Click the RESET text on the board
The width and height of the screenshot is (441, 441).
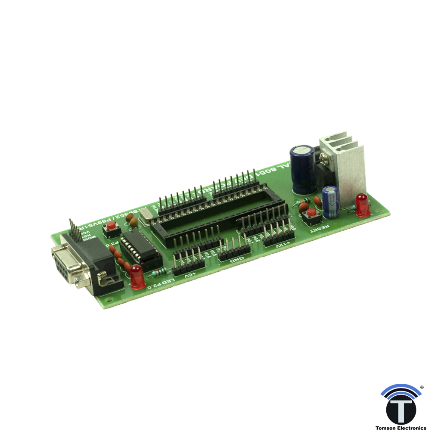point(320,228)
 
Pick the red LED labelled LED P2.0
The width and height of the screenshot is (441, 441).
point(137,276)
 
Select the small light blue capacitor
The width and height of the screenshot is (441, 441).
point(331,201)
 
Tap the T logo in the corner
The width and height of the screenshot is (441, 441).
point(401,407)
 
